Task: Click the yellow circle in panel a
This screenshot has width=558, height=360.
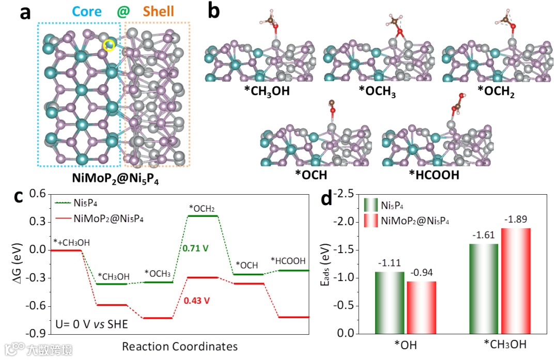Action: click(109, 45)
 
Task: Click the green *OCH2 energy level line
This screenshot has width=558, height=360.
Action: click(202, 215)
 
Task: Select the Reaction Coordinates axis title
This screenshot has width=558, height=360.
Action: click(180, 346)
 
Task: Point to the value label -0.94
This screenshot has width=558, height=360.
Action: click(421, 273)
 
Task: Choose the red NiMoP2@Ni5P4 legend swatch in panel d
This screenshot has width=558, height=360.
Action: click(371, 221)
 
